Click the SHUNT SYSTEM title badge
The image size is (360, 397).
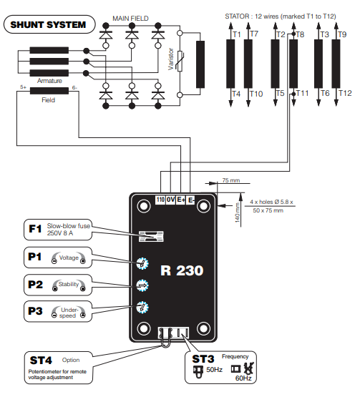(49, 24)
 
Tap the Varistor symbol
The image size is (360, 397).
(180, 61)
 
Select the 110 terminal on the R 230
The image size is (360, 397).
(160, 200)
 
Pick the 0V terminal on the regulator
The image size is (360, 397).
(170, 200)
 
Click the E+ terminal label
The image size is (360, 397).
(180, 200)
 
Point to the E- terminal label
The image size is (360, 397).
(190, 200)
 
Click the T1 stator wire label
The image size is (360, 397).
(237, 34)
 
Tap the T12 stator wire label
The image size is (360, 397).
(345, 94)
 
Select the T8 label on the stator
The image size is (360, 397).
(300, 34)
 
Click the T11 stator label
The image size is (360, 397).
(302, 94)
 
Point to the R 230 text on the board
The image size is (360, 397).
(182, 270)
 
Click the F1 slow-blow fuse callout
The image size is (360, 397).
(58, 230)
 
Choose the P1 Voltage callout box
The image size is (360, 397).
(58, 258)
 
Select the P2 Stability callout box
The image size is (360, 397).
(58, 285)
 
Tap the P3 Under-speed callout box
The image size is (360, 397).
(58, 311)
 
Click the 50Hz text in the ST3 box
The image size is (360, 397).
(214, 370)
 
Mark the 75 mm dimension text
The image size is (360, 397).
(231, 180)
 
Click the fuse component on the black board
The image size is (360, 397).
(151, 236)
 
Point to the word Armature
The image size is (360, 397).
(49, 81)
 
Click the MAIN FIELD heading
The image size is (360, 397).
(130, 19)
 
